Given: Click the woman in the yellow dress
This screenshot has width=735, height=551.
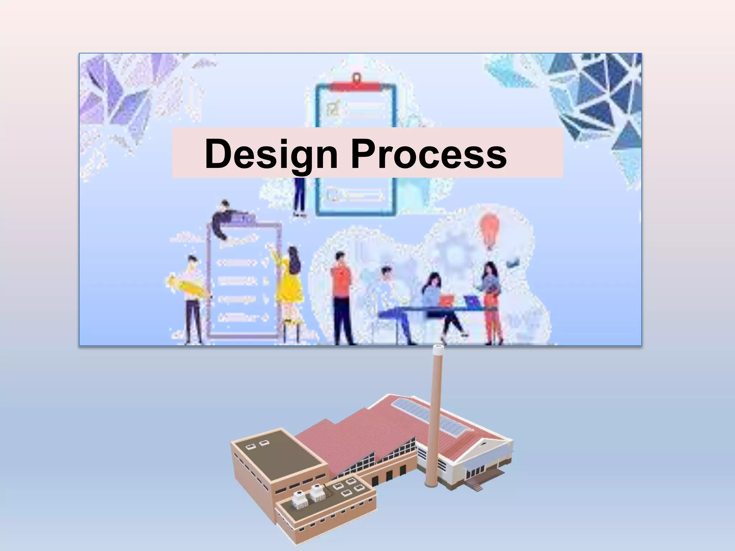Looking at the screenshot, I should (x=289, y=280).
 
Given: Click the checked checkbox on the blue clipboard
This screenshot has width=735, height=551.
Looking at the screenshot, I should (x=333, y=107).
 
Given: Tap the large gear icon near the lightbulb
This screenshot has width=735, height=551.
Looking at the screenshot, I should (x=454, y=251).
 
